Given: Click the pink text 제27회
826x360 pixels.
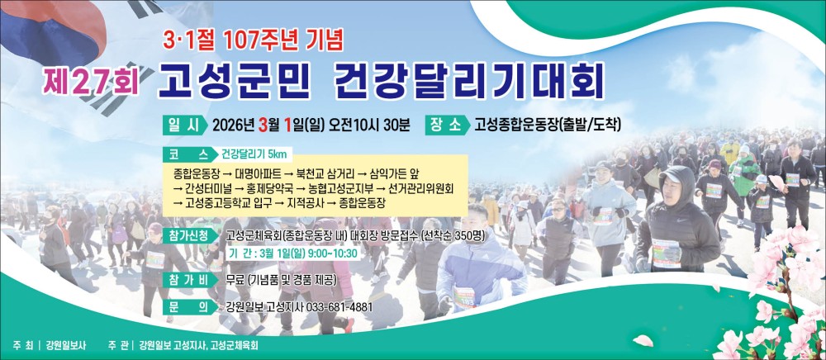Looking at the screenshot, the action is point(92,82).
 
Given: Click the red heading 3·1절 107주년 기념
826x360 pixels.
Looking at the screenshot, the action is point(253,40).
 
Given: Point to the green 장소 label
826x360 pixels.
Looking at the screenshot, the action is point(447,126).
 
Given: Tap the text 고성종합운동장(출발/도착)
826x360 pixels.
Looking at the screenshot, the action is point(548,126).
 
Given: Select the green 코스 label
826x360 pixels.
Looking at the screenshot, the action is point(190,154).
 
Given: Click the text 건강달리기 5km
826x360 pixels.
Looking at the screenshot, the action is point(254,154).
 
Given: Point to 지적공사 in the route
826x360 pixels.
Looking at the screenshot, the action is point(304,204).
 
